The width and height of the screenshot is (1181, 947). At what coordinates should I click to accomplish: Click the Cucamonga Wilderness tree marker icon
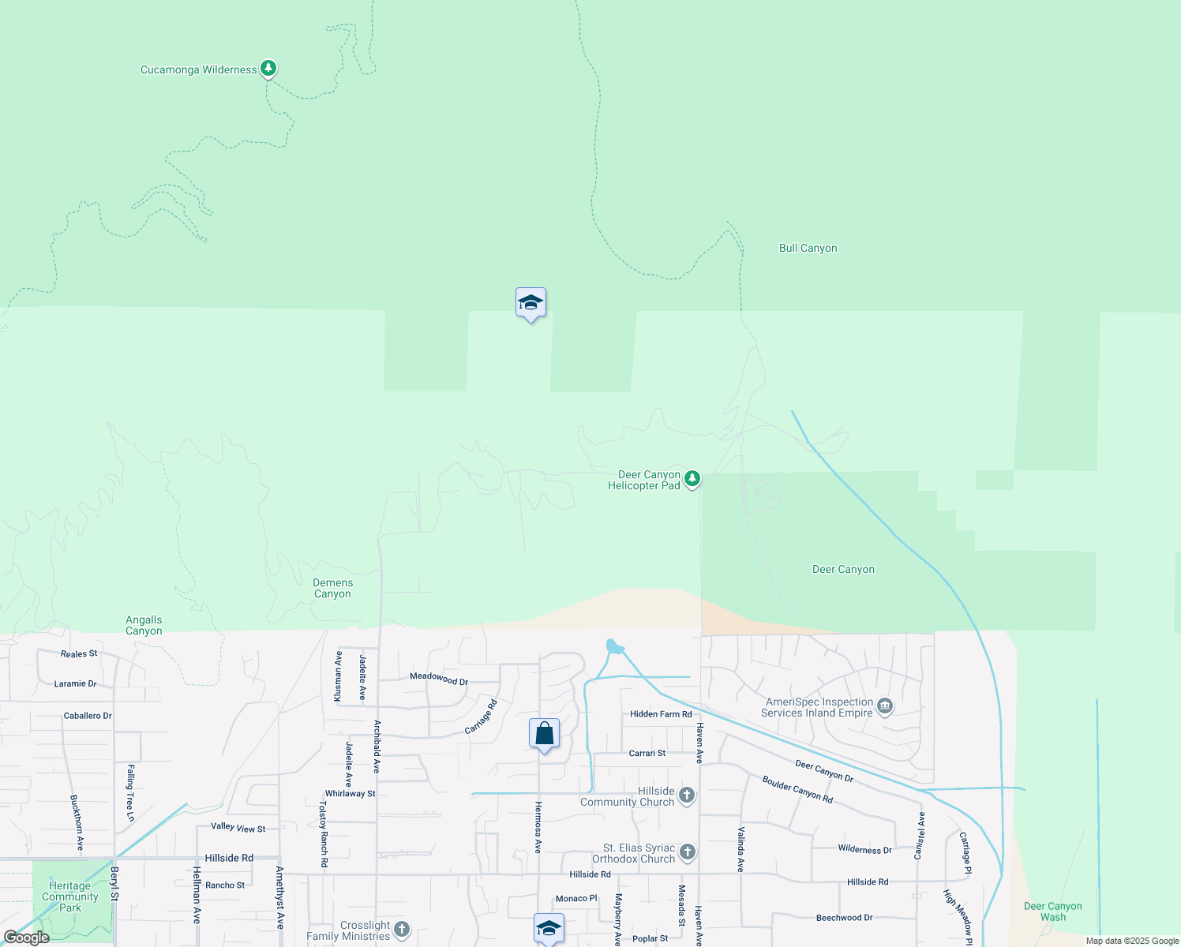tap(268, 69)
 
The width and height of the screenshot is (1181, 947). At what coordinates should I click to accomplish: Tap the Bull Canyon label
tap(808, 248)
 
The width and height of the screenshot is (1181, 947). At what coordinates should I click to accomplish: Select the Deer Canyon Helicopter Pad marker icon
tap(692, 478)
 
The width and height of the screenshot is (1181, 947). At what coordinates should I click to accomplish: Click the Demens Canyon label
tap(332, 589)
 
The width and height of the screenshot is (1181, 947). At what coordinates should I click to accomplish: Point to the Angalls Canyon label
tap(144, 626)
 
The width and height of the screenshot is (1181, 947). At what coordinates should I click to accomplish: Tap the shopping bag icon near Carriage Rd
tap(544, 734)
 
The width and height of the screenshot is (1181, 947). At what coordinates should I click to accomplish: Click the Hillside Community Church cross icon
tap(687, 795)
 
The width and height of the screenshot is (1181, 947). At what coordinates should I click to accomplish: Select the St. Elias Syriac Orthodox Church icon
tap(688, 852)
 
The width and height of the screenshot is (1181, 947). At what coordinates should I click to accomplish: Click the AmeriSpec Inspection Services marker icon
tap(885, 706)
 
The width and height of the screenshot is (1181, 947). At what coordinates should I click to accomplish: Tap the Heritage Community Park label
tap(69, 896)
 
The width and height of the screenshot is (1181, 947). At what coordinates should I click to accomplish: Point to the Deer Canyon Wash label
tap(1052, 911)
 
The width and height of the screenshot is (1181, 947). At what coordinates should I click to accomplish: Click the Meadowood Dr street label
tap(439, 679)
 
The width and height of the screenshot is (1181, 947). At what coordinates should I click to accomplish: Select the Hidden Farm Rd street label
tap(661, 714)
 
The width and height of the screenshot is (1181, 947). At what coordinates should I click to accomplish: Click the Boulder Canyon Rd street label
tap(797, 789)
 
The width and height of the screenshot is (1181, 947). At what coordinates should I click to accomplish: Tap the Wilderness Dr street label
tap(864, 850)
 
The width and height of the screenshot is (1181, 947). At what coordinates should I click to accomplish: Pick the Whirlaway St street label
tap(350, 794)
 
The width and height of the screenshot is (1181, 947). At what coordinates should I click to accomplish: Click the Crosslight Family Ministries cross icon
tap(402, 930)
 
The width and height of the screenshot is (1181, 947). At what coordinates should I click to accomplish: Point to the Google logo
tap(27, 938)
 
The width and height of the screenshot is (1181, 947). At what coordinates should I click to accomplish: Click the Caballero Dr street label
tap(88, 716)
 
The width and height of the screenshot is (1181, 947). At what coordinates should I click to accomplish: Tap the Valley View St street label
tap(238, 827)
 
